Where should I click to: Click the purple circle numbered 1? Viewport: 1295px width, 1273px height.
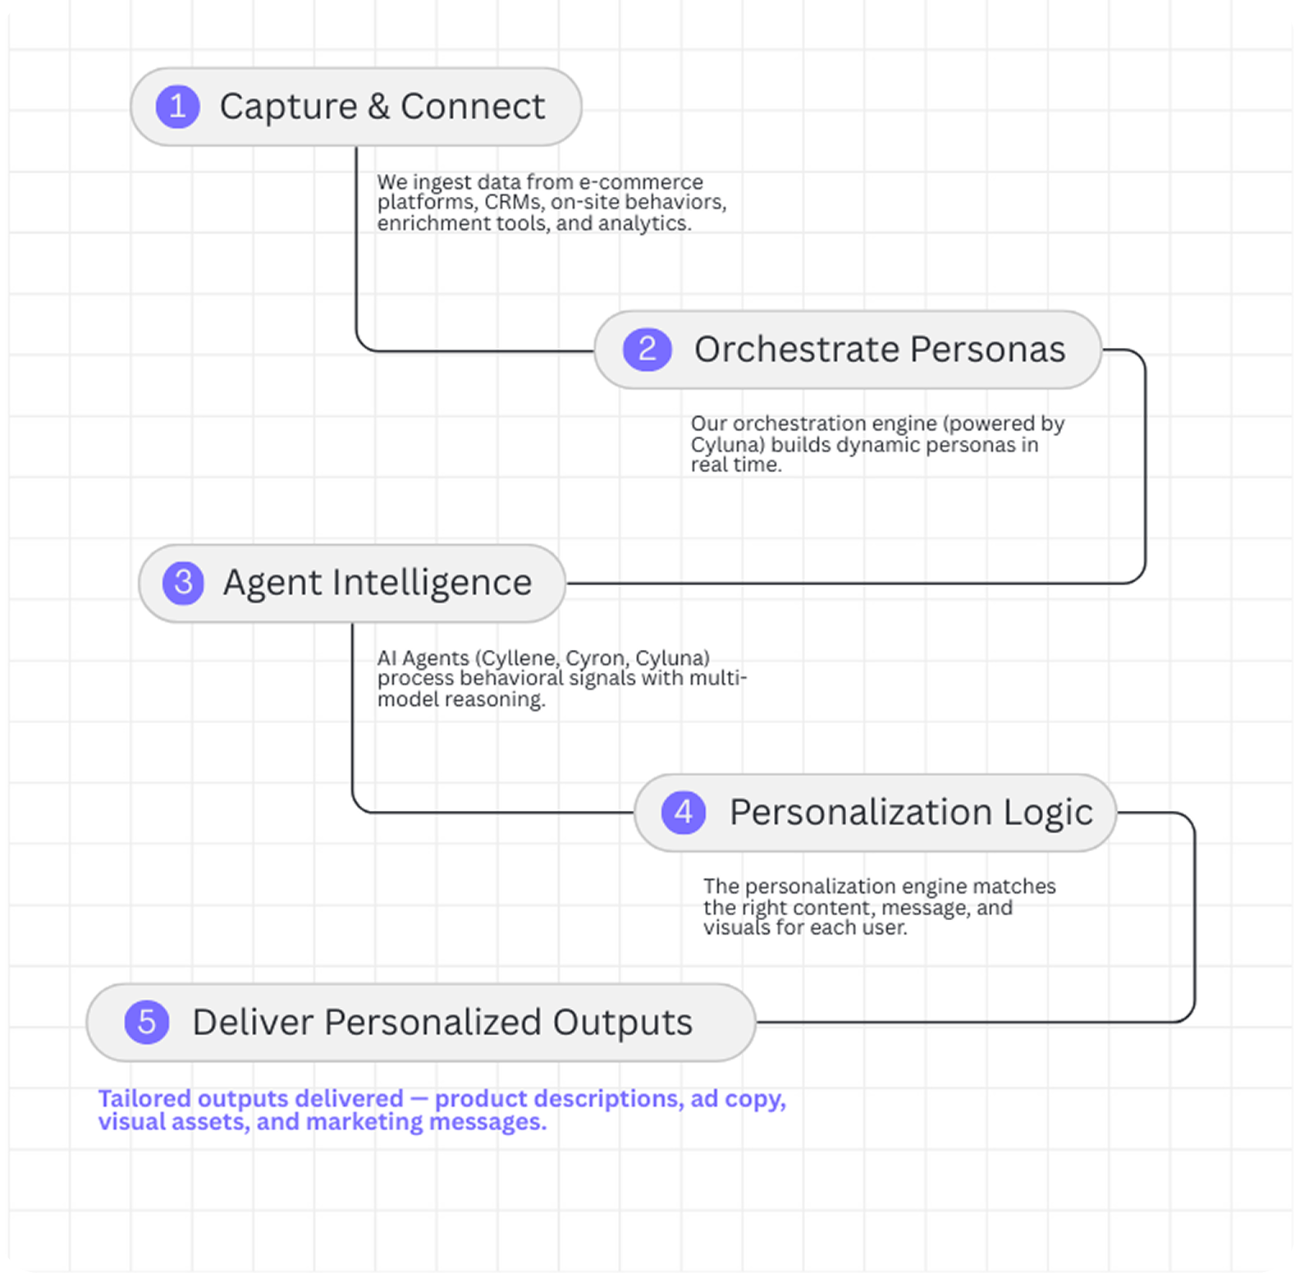coord(177,107)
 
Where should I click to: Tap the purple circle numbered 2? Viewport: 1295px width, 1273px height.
coord(647,350)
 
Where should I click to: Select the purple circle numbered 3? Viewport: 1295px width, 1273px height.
coord(183,583)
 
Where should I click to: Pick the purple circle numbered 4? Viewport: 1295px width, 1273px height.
coord(684,813)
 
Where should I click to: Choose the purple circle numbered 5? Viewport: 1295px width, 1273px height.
coord(147,1023)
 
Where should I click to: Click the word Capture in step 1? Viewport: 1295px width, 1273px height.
coord(288,107)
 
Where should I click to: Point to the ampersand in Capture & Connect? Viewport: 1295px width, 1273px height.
coord(378,107)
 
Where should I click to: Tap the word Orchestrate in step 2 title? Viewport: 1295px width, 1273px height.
coord(796,350)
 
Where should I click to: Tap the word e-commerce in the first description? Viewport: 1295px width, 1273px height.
coord(641,181)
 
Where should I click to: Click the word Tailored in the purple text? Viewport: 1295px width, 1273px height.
coord(144,1098)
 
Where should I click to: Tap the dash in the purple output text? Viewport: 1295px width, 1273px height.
coord(419,1099)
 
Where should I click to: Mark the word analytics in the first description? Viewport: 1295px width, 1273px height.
coord(644,223)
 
